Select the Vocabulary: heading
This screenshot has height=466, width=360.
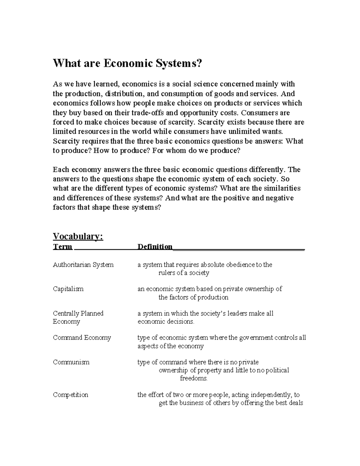78,236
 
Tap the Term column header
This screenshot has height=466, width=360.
63,247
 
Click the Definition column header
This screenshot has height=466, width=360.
155,247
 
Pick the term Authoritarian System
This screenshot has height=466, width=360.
83,265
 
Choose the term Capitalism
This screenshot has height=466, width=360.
68,289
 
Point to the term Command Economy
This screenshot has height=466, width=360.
82,338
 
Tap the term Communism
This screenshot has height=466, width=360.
71,362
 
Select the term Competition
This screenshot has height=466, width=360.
70,395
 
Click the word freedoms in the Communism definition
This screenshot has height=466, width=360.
193,378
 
